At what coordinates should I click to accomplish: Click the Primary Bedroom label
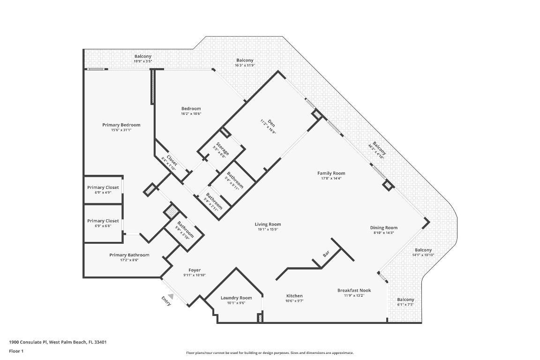(121, 125)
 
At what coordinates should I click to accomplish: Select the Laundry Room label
(236, 298)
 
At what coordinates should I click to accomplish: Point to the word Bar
(326, 254)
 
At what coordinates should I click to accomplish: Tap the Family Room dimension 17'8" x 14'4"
(331, 178)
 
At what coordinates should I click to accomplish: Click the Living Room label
(268, 224)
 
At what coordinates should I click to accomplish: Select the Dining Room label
(383, 228)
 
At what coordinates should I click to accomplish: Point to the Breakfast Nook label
(354, 290)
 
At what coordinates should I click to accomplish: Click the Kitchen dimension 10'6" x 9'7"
(294, 301)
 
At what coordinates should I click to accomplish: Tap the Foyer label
(195, 270)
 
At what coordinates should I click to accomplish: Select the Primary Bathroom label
(129, 255)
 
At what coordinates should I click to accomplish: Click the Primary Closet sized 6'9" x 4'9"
(103, 187)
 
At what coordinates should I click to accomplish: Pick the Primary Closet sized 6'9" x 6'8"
(103, 221)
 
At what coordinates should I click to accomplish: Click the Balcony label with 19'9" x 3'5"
(142, 56)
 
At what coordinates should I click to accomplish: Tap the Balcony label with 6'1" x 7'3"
(405, 300)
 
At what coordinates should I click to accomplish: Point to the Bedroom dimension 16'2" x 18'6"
(191, 113)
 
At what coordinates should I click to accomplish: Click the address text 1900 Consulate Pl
(28, 342)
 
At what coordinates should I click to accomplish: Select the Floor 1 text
(16, 351)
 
